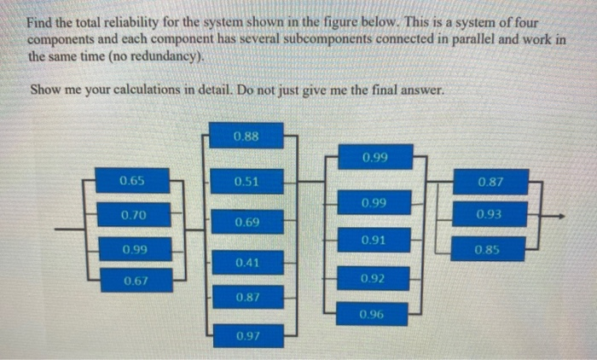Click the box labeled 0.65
point(132,181)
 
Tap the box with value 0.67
point(136,281)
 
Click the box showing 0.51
point(246,181)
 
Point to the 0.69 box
point(246,223)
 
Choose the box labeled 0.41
point(246,263)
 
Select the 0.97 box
point(246,338)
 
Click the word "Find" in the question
point(40,24)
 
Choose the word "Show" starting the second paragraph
point(43,90)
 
